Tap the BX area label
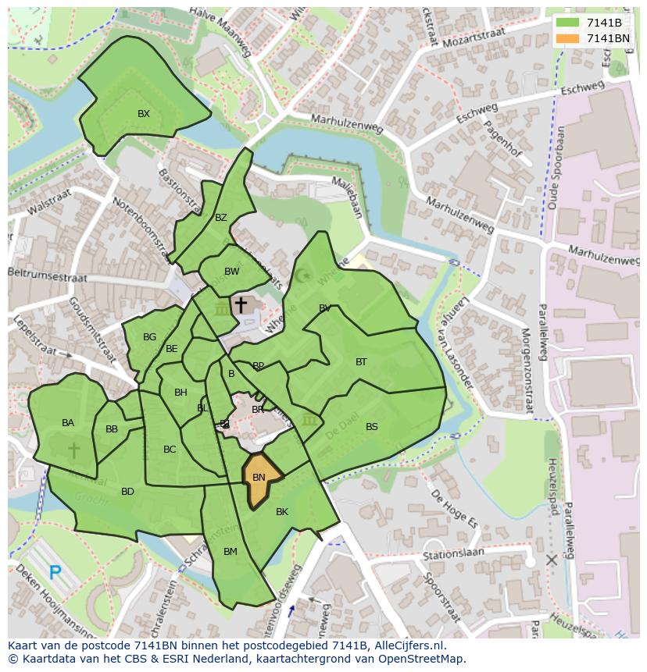pos(144,114)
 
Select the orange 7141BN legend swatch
pos(568,38)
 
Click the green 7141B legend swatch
pos(568,23)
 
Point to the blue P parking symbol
pos(55,573)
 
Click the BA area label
pos(68,423)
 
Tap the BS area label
pos(372,427)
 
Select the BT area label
pos(361,362)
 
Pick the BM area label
pos(230,552)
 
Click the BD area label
pos(127,492)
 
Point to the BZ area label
pos(221,218)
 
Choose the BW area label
pos(231,272)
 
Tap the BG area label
pos(149,337)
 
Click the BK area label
pos(282,512)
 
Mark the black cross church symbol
pos(241,304)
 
